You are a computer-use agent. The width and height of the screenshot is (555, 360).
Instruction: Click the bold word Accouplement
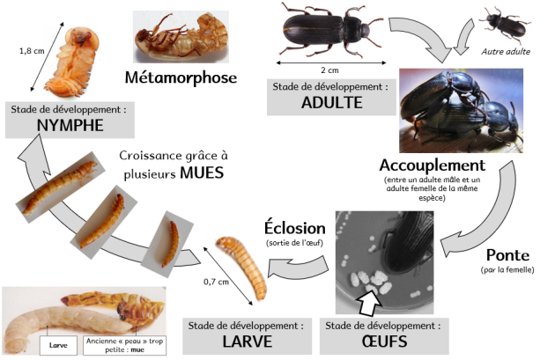(x=432, y=165)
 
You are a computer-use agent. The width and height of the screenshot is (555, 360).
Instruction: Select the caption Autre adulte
(x=505, y=51)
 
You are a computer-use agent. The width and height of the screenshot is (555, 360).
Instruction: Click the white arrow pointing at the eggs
(x=365, y=302)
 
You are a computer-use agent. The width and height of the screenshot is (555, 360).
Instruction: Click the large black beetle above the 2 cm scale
(x=326, y=27)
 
